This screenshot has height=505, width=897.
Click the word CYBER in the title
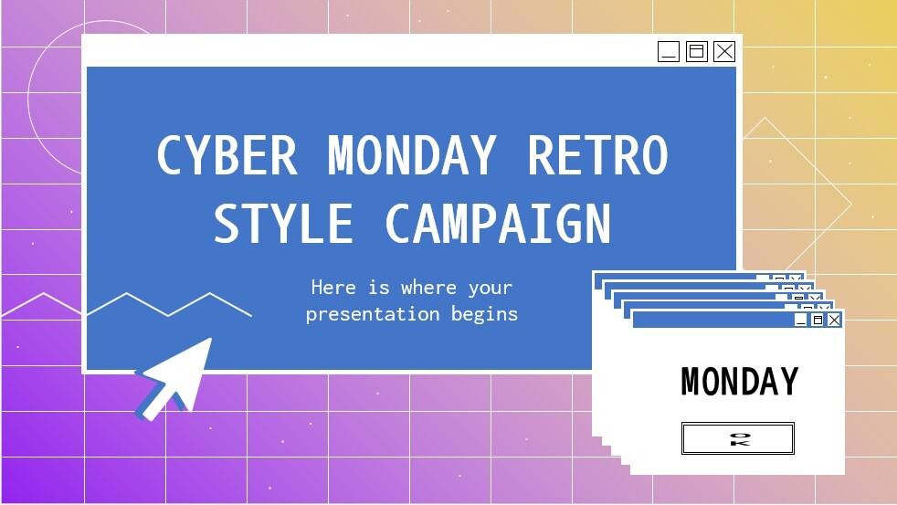click(227, 156)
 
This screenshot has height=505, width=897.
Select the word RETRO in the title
click(597, 156)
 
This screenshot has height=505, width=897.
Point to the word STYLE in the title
click(283, 224)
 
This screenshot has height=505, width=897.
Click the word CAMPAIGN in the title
click(498, 224)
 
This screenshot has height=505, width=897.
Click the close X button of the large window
click(724, 51)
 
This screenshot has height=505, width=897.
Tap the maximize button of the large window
click(696, 51)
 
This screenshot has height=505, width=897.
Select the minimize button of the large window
click(669, 51)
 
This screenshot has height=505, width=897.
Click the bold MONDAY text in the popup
click(739, 382)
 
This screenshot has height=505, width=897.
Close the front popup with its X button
click(834, 320)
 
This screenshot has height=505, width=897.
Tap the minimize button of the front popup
click(801, 320)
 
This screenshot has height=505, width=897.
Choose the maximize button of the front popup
click(818, 320)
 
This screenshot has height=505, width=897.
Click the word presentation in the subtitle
click(374, 314)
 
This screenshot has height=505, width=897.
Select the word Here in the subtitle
click(333, 288)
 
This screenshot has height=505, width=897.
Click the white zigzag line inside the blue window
click(169, 305)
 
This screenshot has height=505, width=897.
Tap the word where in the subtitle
click(428, 288)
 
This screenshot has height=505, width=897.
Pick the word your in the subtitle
click(491, 289)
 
